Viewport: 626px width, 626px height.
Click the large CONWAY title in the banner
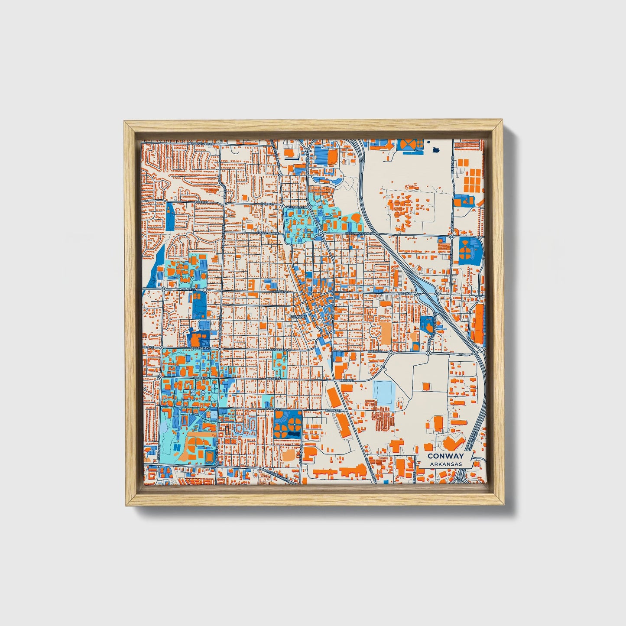(445, 456)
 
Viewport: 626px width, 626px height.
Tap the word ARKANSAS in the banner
(446, 464)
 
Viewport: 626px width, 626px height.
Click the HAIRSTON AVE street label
(267, 233)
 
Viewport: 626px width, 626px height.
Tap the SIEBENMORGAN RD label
(359, 233)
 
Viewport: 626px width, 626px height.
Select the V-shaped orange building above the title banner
(453, 442)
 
